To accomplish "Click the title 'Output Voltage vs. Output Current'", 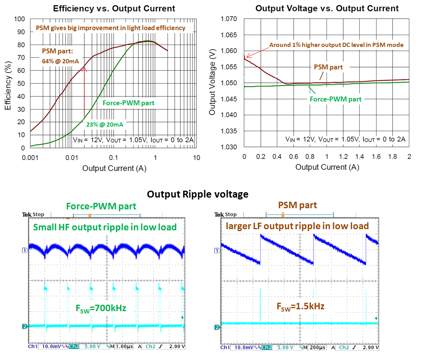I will [x=327, y=8].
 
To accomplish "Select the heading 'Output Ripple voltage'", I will [x=198, y=194].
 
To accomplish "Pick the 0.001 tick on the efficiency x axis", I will [x=29, y=157].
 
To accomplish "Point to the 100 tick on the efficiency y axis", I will [x=19, y=19].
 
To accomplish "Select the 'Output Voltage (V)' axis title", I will [x=212, y=83].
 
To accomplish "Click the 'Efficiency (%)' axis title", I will [x=8, y=83].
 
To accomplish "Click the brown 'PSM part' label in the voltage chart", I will [x=328, y=67].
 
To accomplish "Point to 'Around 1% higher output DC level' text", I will [x=336, y=45].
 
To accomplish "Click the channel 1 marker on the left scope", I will [x=25, y=251].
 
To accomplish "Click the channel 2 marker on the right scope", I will [x=217, y=328].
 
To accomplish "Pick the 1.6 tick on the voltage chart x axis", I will [x=376, y=157].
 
